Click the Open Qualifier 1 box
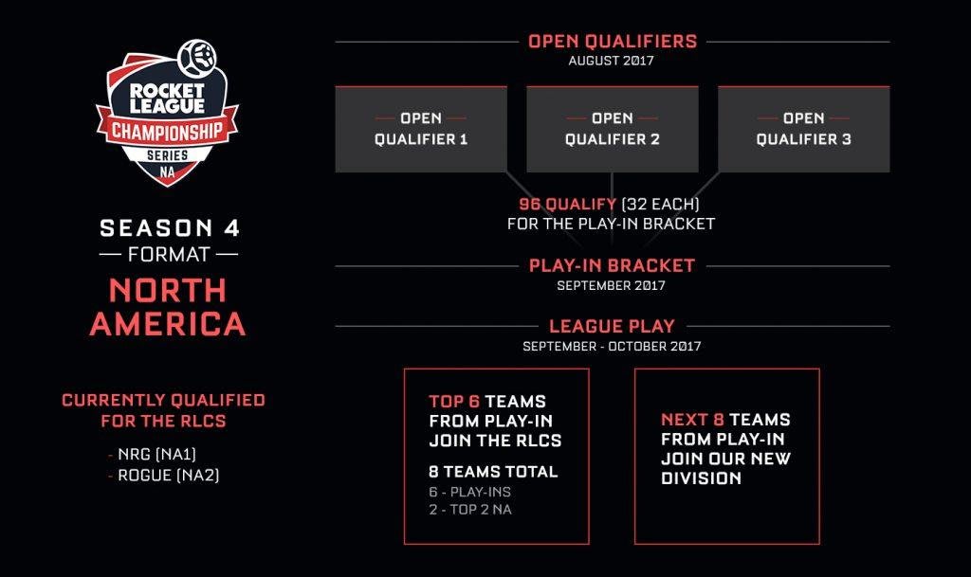tap(421, 129)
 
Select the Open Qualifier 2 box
tap(612, 129)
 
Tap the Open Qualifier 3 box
tap(803, 129)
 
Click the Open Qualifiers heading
tap(612, 41)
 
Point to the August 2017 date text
tap(612, 61)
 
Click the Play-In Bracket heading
tap(612, 265)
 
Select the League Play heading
tap(612, 326)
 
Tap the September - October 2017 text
tap(612, 346)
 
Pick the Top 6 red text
tap(454, 401)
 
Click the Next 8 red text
tap(692, 420)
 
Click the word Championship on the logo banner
tap(167, 130)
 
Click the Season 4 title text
tap(170, 228)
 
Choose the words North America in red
tap(168, 305)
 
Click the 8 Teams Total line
tap(493, 472)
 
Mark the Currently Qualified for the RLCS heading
tap(163, 410)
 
